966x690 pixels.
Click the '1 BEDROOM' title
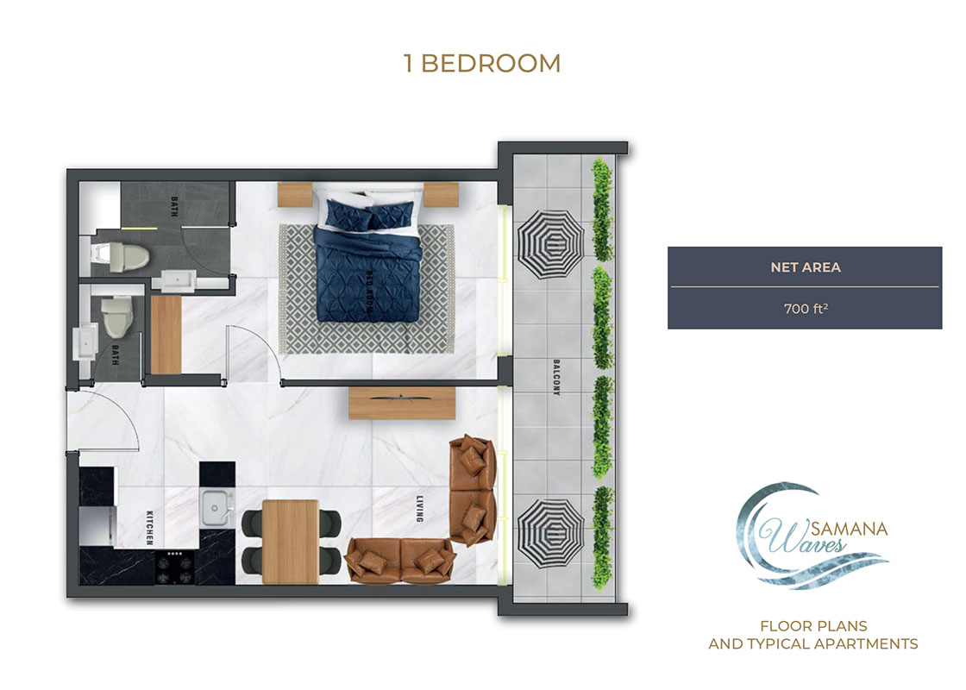tap(482, 63)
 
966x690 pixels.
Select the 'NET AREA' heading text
tap(805, 267)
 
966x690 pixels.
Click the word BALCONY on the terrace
tap(556, 377)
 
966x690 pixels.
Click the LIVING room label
tap(417, 508)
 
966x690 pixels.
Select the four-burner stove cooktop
tap(175, 566)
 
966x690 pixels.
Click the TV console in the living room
tap(402, 403)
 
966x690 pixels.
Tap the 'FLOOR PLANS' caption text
tap(812, 625)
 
